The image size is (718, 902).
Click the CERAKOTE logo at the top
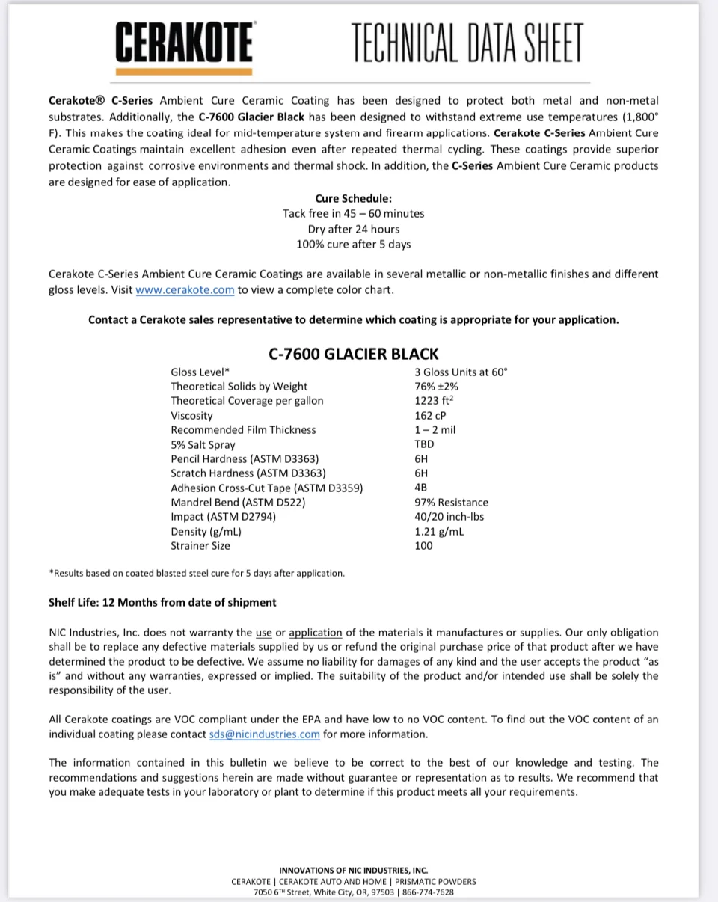184,43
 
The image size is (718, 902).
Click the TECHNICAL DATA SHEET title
467,43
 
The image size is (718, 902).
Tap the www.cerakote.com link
185,290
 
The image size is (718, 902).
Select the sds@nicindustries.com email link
265,734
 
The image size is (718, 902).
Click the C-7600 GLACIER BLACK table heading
354,354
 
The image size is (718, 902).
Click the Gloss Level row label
200,372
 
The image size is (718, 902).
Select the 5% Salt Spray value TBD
424,444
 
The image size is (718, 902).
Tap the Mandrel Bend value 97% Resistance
451,503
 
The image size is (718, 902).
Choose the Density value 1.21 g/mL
439,532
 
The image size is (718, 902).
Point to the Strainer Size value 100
423,546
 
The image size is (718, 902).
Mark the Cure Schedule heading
353,199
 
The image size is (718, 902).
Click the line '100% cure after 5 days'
353,245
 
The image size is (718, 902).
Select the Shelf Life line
162,603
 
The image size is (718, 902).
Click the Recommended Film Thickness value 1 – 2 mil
435,430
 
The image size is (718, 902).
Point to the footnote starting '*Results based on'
197,574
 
